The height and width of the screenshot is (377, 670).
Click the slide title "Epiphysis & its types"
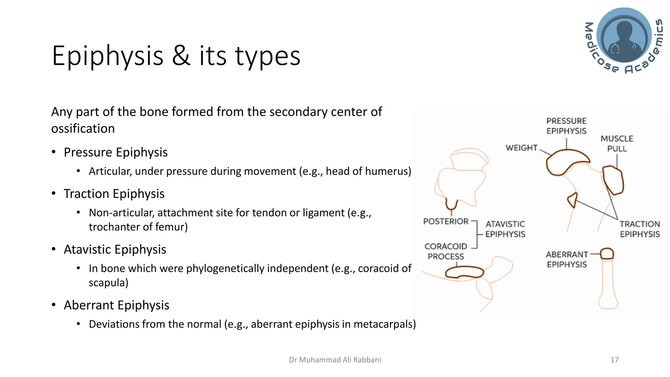[176, 56]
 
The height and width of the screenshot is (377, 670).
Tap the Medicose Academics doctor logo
[624, 40]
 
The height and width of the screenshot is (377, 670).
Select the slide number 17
[614, 360]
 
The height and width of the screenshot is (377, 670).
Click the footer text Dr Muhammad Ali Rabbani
[335, 360]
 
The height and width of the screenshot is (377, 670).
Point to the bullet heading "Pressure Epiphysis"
[115, 152]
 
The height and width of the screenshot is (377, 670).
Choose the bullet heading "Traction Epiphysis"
[114, 194]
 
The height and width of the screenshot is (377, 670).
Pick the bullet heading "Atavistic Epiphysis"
[115, 249]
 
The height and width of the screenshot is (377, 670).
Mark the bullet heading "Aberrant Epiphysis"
[116, 305]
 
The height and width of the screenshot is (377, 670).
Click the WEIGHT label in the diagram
[521, 148]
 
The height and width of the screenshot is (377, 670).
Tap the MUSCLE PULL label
[617, 144]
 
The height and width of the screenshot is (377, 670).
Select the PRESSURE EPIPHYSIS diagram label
[566, 126]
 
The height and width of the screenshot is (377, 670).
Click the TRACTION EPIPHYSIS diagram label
[640, 229]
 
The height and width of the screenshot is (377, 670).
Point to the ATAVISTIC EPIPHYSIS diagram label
[505, 229]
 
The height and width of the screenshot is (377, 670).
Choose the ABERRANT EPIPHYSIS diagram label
[567, 260]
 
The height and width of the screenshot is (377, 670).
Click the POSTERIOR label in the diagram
[446, 222]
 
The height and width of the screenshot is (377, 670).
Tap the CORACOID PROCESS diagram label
[446, 251]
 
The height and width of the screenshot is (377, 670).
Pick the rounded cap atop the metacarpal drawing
[607, 254]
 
